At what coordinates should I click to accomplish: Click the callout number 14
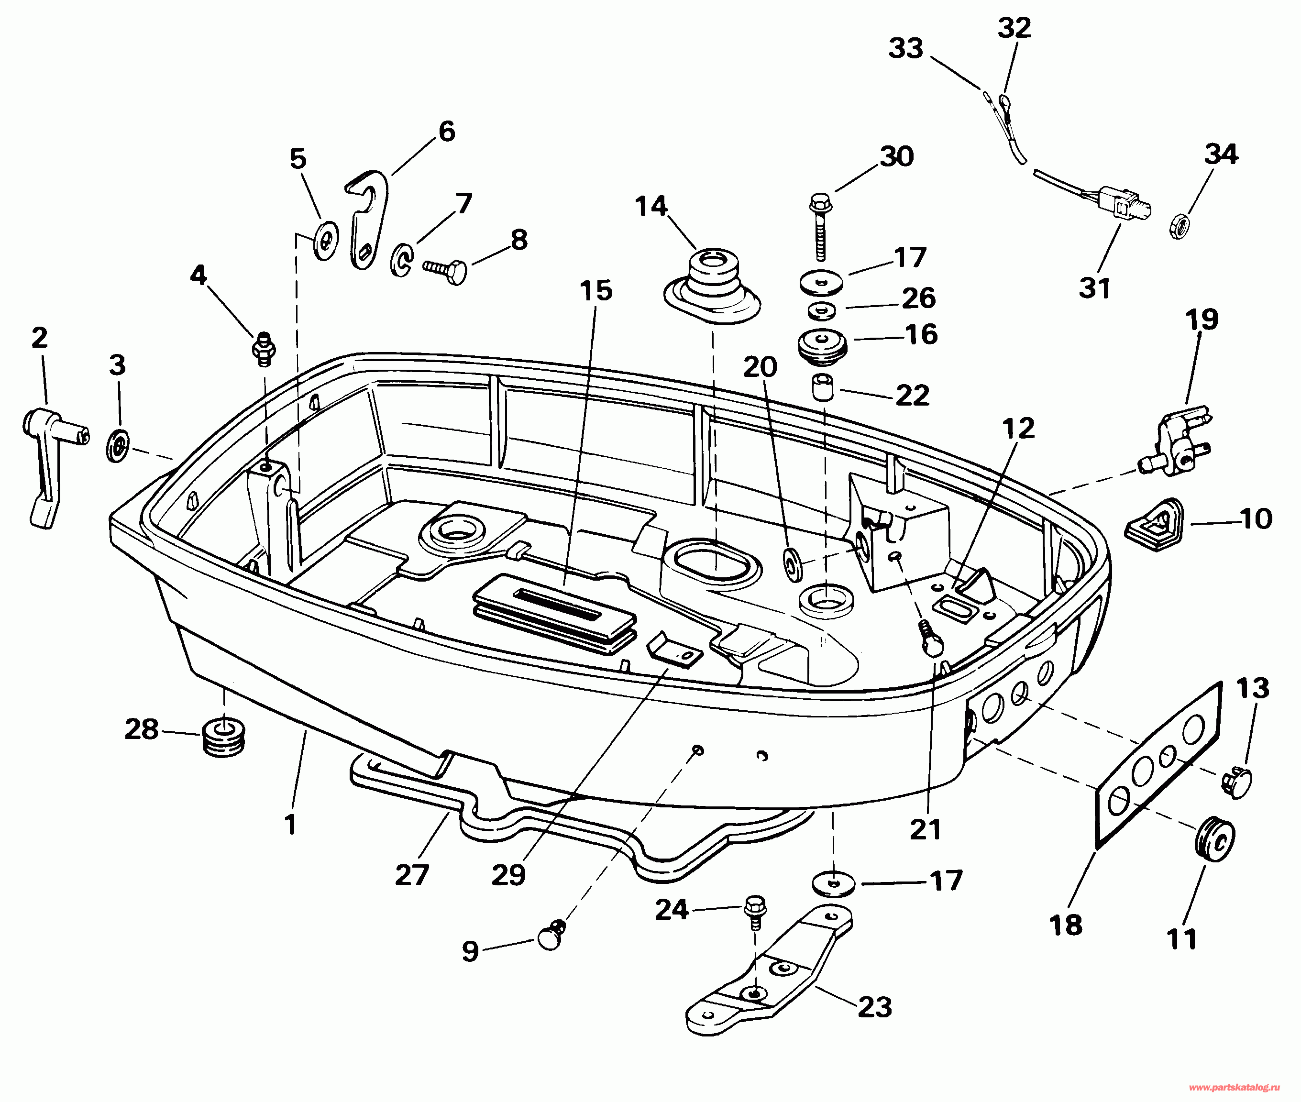(x=651, y=206)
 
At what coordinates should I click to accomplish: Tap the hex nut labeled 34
(x=1179, y=226)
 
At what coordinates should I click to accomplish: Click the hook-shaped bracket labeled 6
(x=367, y=219)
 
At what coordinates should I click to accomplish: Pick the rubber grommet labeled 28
(x=223, y=738)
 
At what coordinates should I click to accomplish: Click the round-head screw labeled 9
(x=551, y=935)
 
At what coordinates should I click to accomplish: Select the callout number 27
(x=412, y=875)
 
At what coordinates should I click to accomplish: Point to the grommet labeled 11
(x=1214, y=839)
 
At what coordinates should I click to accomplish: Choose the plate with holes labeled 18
(x=1158, y=765)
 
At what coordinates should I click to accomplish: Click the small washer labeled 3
(x=117, y=445)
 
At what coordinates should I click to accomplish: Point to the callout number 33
(x=905, y=48)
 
